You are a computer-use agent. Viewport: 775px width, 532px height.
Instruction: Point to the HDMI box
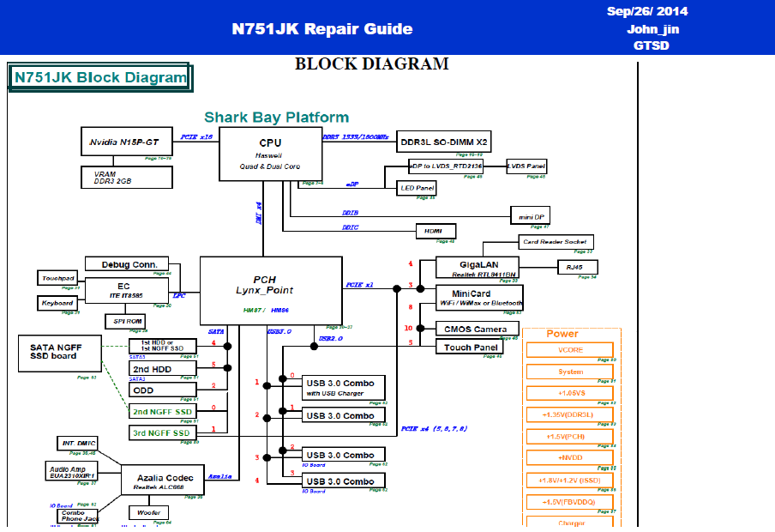436,231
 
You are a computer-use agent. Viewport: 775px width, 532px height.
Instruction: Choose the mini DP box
529,215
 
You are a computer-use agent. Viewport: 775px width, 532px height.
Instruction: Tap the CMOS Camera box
475,329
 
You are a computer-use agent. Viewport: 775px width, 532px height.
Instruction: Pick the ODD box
162,390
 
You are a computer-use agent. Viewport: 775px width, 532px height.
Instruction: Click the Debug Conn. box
127,264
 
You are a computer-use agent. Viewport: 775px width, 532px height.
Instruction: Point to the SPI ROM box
125,321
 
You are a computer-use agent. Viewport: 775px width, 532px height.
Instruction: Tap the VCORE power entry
569,350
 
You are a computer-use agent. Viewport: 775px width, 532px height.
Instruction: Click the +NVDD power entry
569,458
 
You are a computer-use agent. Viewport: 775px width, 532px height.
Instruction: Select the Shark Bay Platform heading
276,118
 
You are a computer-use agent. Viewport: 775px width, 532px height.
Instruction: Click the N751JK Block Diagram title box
99,78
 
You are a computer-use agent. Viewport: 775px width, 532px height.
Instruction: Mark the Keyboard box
57,304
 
